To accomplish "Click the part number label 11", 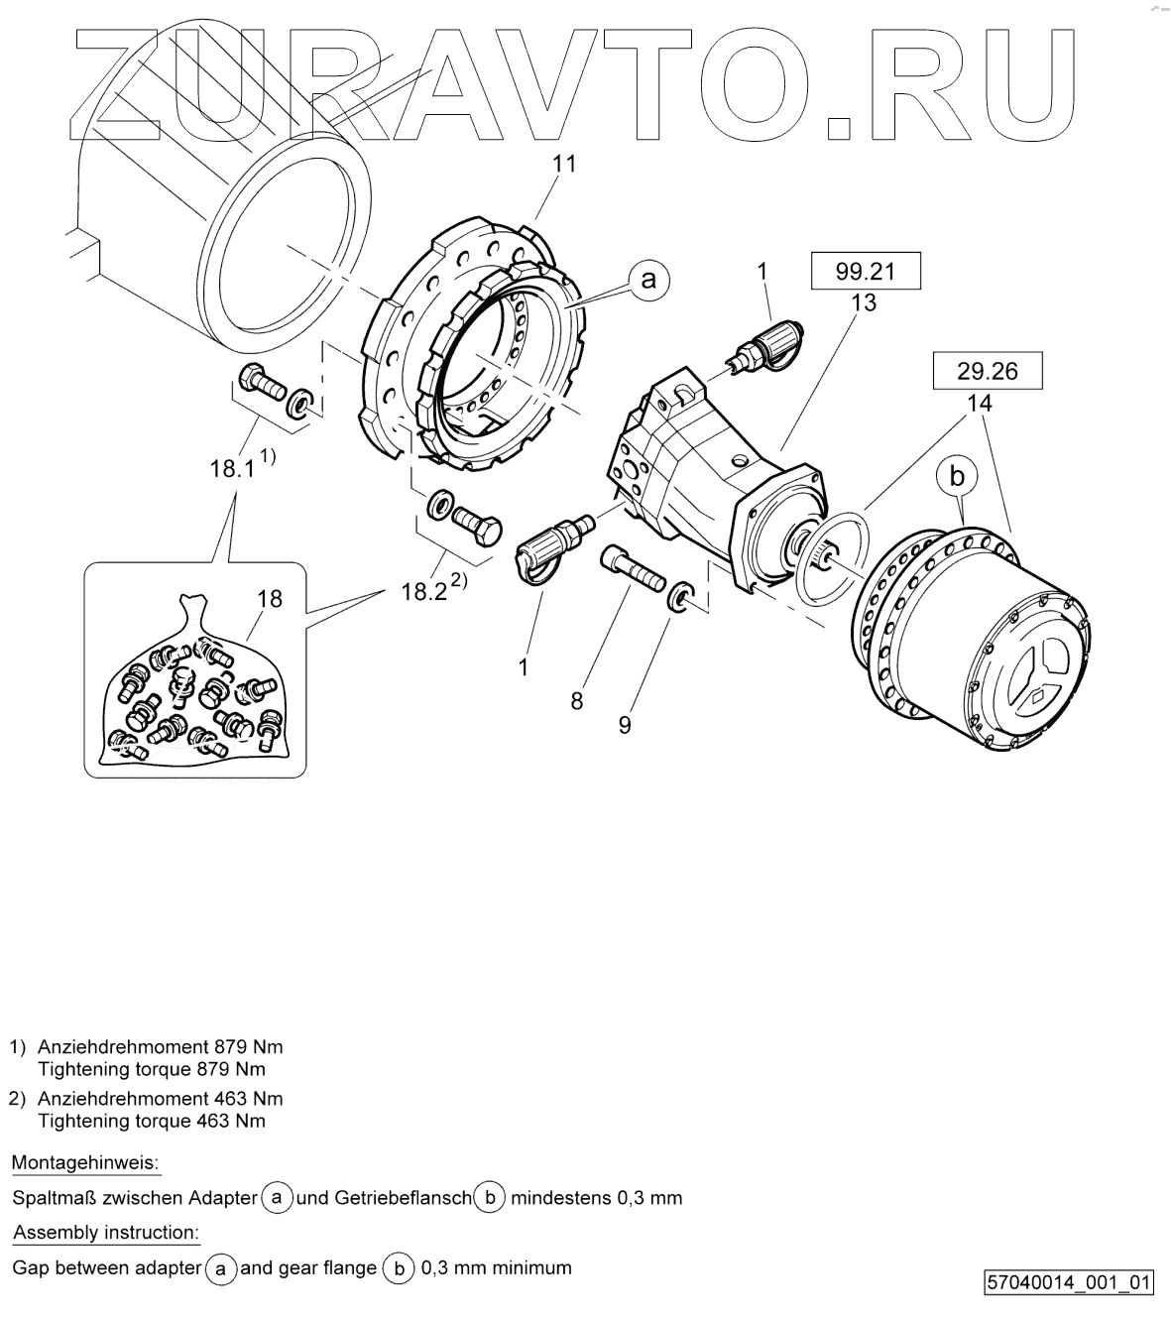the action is (x=563, y=164).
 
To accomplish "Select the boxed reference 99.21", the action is (x=866, y=271).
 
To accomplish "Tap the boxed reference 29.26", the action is (x=987, y=372).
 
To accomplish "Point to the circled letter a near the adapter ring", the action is (x=648, y=280).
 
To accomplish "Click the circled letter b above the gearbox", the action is (x=957, y=477).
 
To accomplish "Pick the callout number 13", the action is (x=864, y=303).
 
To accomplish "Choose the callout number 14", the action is (x=981, y=405).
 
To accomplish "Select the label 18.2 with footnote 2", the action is (x=427, y=591).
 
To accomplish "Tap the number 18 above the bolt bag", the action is (x=269, y=598).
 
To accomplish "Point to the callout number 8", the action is (x=576, y=701).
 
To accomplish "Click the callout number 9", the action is (x=624, y=725).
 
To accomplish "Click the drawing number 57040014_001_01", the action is (x=1069, y=1283).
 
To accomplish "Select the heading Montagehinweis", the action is (x=85, y=1162).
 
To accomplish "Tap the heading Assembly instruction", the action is (x=105, y=1233).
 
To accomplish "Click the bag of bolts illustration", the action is (x=194, y=694).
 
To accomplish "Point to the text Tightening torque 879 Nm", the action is (x=151, y=1069).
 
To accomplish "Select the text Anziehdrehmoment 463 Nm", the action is (x=160, y=1098).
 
